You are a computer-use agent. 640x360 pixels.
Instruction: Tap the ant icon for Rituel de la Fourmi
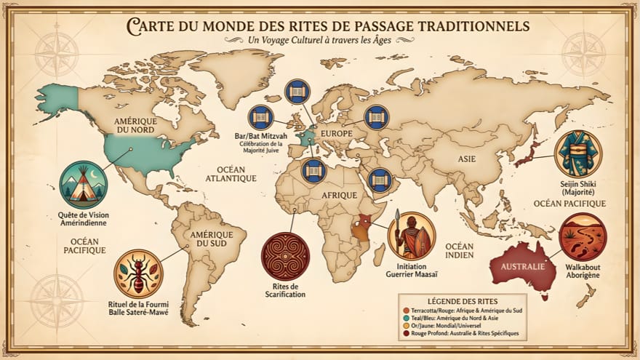[138, 273]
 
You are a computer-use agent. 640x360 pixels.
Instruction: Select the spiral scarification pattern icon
[285, 256]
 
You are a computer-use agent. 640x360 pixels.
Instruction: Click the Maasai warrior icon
[412, 236]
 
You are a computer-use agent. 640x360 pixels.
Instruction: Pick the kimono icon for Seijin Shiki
[577, 154]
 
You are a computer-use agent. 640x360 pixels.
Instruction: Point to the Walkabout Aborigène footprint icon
[583, 237]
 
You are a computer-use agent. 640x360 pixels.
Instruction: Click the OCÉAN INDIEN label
[460, 251]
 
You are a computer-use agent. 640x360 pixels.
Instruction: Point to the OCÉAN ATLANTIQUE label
[231, 173]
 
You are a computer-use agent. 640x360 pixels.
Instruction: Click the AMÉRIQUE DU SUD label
[212, 240]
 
